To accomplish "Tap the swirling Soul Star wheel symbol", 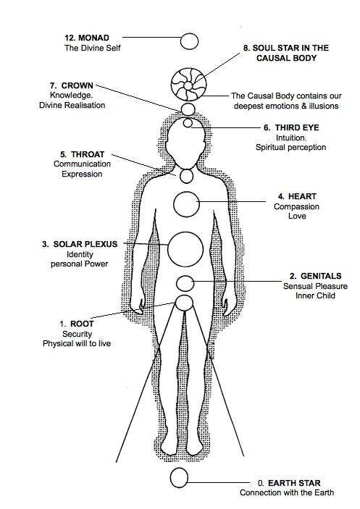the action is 188,85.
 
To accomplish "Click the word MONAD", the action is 94,38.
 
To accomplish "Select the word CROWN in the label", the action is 78,85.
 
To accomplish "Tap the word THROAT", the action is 88,154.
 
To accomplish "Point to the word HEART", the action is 302,196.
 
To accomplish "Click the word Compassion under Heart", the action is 296,207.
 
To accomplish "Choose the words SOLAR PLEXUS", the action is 85,244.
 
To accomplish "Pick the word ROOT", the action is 82,324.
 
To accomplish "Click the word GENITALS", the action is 321,276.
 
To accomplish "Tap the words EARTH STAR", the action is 294,483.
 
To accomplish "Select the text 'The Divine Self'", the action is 93,48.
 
